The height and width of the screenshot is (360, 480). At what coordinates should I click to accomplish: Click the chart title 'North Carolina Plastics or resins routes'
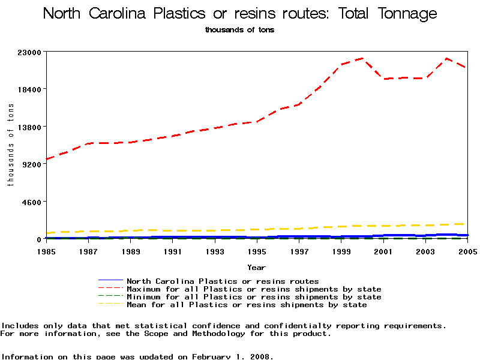(240, 14)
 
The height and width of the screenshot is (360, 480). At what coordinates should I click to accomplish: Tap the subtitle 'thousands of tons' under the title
(239, 29)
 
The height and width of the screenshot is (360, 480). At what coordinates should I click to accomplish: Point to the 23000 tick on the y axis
(29, 52)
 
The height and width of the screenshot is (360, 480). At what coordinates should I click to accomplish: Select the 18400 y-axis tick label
(29, 89)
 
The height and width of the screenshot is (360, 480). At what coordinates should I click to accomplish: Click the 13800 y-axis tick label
(29, 127)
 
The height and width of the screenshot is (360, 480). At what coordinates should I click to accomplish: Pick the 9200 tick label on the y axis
(31, 164)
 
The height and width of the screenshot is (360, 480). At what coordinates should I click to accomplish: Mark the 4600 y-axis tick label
(31, 202)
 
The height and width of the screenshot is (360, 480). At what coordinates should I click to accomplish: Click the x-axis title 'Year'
(256, 267)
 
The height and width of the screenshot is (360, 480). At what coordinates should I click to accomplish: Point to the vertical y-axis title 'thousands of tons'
(10, 145)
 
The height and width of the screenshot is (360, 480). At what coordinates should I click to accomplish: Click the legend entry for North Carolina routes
(223, 281)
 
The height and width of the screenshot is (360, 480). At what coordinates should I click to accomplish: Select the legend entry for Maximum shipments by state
(254, 289)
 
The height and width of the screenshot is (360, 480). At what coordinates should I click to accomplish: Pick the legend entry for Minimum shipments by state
(254, 297)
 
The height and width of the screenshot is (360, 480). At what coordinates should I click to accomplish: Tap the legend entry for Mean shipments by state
(247, 305)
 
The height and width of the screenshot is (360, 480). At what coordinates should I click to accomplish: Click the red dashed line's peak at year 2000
(362, 58)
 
